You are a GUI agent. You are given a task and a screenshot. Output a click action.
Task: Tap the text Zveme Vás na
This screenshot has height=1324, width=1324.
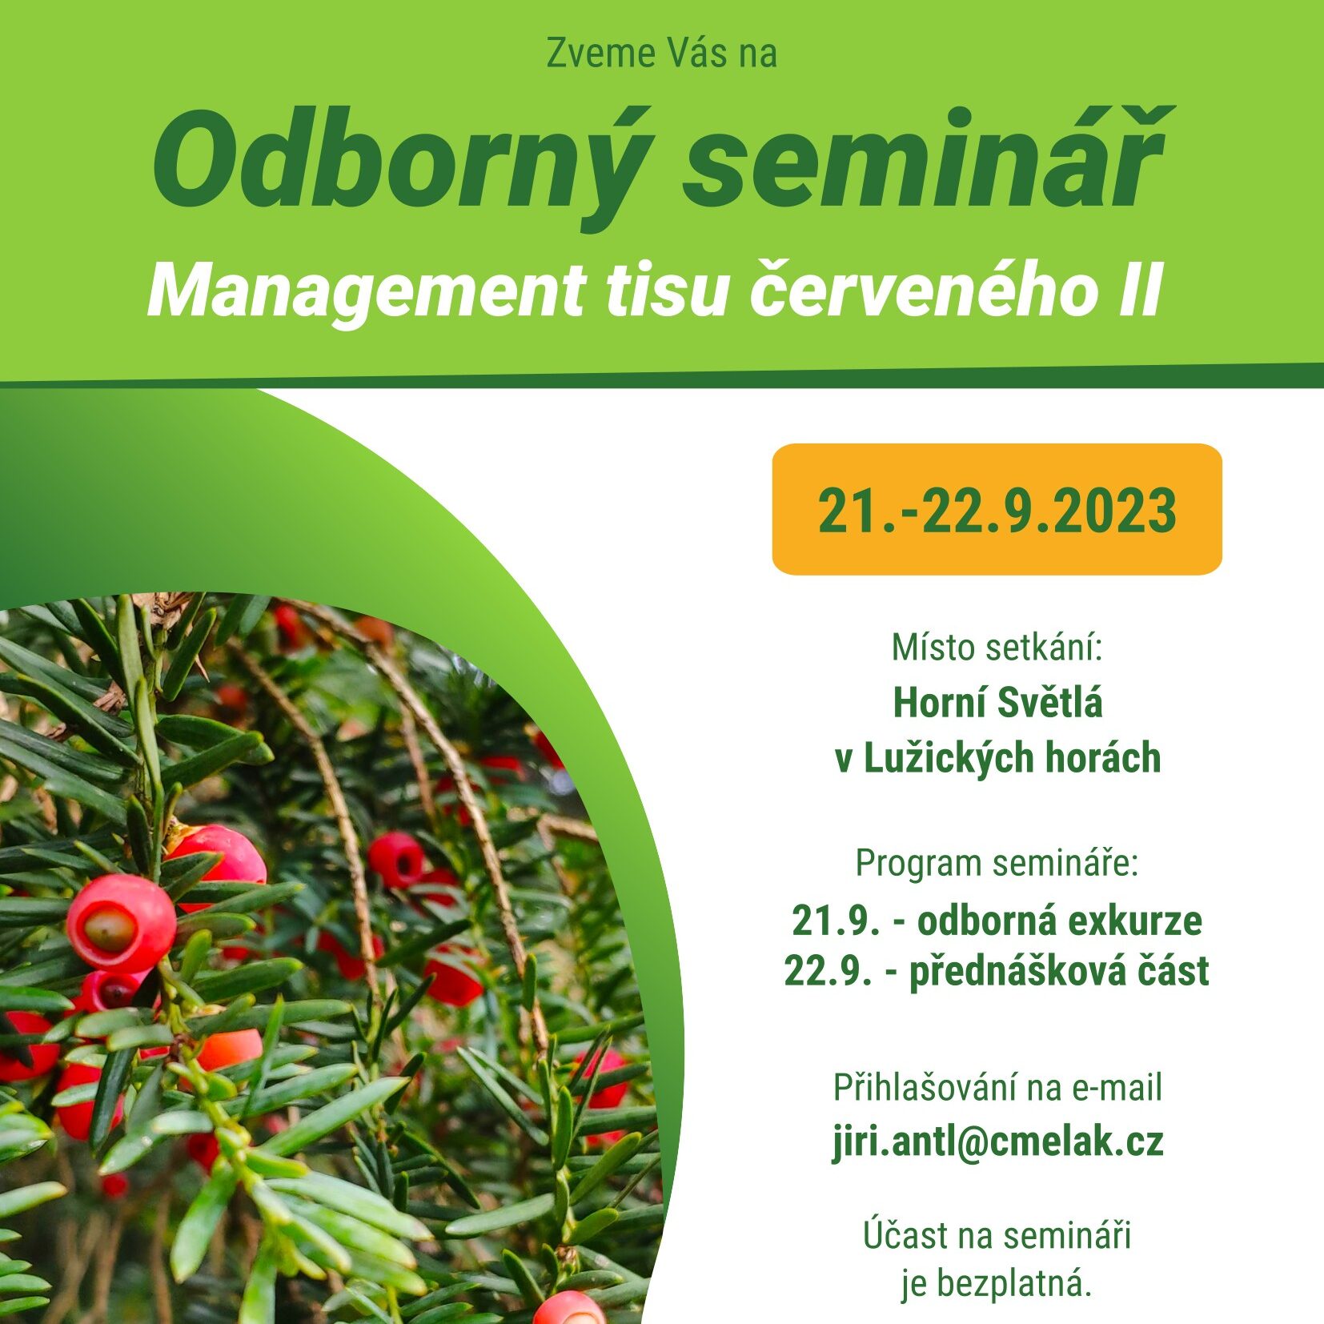pyautogui.click(x=661, y=54)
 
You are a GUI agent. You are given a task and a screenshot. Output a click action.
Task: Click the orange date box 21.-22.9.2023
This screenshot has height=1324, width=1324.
pyautogui.click(x=997, y=509)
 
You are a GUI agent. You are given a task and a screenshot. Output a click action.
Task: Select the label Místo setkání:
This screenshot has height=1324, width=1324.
pyautogui.click(x=997, y=647)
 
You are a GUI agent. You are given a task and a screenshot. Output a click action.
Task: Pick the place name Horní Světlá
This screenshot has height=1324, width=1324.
pyautogui.click(x=997, y=702)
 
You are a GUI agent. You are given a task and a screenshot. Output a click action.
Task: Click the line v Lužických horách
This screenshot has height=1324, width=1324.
pyautogui.click(x=997, y=758)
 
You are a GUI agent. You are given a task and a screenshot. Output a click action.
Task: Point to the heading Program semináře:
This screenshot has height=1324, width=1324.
pyautogui.click(x=997, y=864)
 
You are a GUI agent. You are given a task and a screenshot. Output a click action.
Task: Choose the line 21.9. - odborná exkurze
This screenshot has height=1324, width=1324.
pyautogui.click(x=997, y=921)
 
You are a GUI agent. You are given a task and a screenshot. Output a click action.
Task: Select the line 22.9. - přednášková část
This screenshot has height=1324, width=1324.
pyautogui.click(x=997, y=971)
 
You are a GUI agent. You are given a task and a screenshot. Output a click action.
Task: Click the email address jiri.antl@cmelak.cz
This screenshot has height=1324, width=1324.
pyautogui.click(x=997, y=1141)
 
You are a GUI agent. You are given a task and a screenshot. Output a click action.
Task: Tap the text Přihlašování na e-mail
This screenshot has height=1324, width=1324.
pyautogui.click(x=997, y=1087)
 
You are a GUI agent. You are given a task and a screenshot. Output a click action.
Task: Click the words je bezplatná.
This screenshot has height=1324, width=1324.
pyautogui.click(x=997, y=1284)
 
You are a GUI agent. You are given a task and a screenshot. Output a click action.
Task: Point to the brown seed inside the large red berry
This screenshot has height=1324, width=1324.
pyautogui.click(x=110, y=928)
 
